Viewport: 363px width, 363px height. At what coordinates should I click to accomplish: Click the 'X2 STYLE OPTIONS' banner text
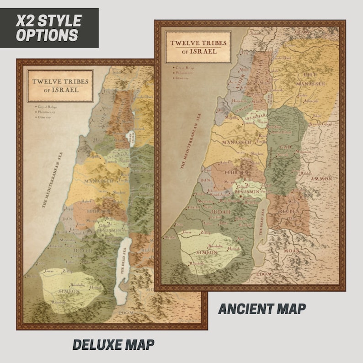pyautogui.click(x=48, y=27)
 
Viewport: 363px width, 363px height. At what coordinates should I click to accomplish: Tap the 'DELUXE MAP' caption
pyautogui.click(x=113, y=345)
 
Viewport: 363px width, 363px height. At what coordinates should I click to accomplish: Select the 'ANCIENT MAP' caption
pyautogui.click(x=262, y=309)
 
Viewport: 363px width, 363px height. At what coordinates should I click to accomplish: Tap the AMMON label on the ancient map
pyautogui.click(x=321, y=179)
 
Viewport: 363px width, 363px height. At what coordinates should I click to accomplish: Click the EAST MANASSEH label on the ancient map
pyautogui.click(x=310, y=81)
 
